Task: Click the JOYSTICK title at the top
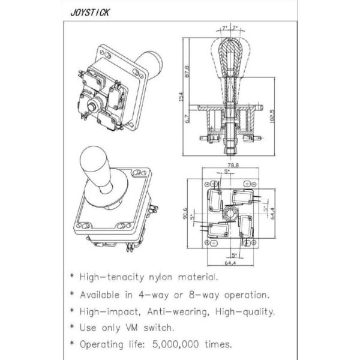(x=90, y=13)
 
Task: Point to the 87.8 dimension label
(x=187, y=71)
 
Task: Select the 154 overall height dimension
(x=181, y=97)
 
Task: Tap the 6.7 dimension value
(x=187, y=119)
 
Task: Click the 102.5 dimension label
(x=272, y=116)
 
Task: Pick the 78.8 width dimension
(x=233, y=165)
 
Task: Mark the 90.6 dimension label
(x=185, y=214)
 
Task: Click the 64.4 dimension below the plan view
(x=230, y=263)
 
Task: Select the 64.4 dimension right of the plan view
(x=272, y=214)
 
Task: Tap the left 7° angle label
(x=224, y=28)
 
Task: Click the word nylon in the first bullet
(x=160, y=278)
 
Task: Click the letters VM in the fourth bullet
(x=132, y=328)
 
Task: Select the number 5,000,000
(x=176, y=344)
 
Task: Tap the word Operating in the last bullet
(x=101, y=344)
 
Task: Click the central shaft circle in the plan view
(x=230, y=213)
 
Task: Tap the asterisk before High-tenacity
(x=73, y=275)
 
